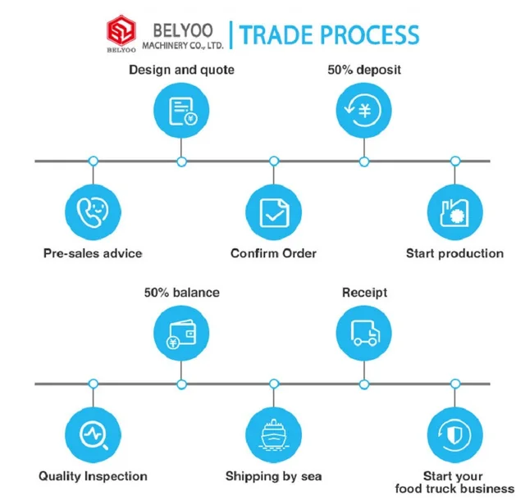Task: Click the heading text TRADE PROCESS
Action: point(330,34)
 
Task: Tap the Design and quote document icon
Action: point(181,111)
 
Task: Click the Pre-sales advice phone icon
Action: point(93,211)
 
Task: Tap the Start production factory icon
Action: point(454,211)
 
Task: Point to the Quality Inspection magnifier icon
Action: point(93,434)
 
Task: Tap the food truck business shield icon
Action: point(454,434)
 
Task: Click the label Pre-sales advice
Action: point(93,253)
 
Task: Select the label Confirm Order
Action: point(273,253)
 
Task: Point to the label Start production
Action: point(454,253)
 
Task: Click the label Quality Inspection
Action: point(93,476)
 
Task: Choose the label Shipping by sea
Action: point(273,476)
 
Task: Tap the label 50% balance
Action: point(181,292)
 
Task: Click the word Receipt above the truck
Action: point(364,292)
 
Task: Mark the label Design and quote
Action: point(181,70)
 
